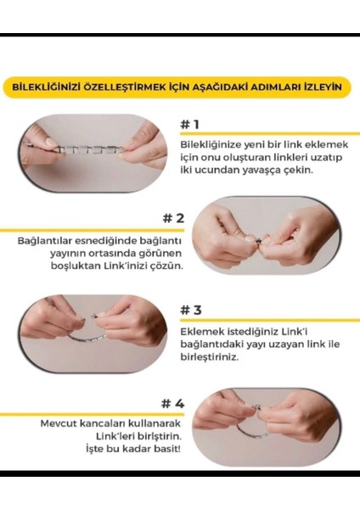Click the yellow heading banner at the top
click(179, 87)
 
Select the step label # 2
click(172, 219)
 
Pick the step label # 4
click(172, 402)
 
